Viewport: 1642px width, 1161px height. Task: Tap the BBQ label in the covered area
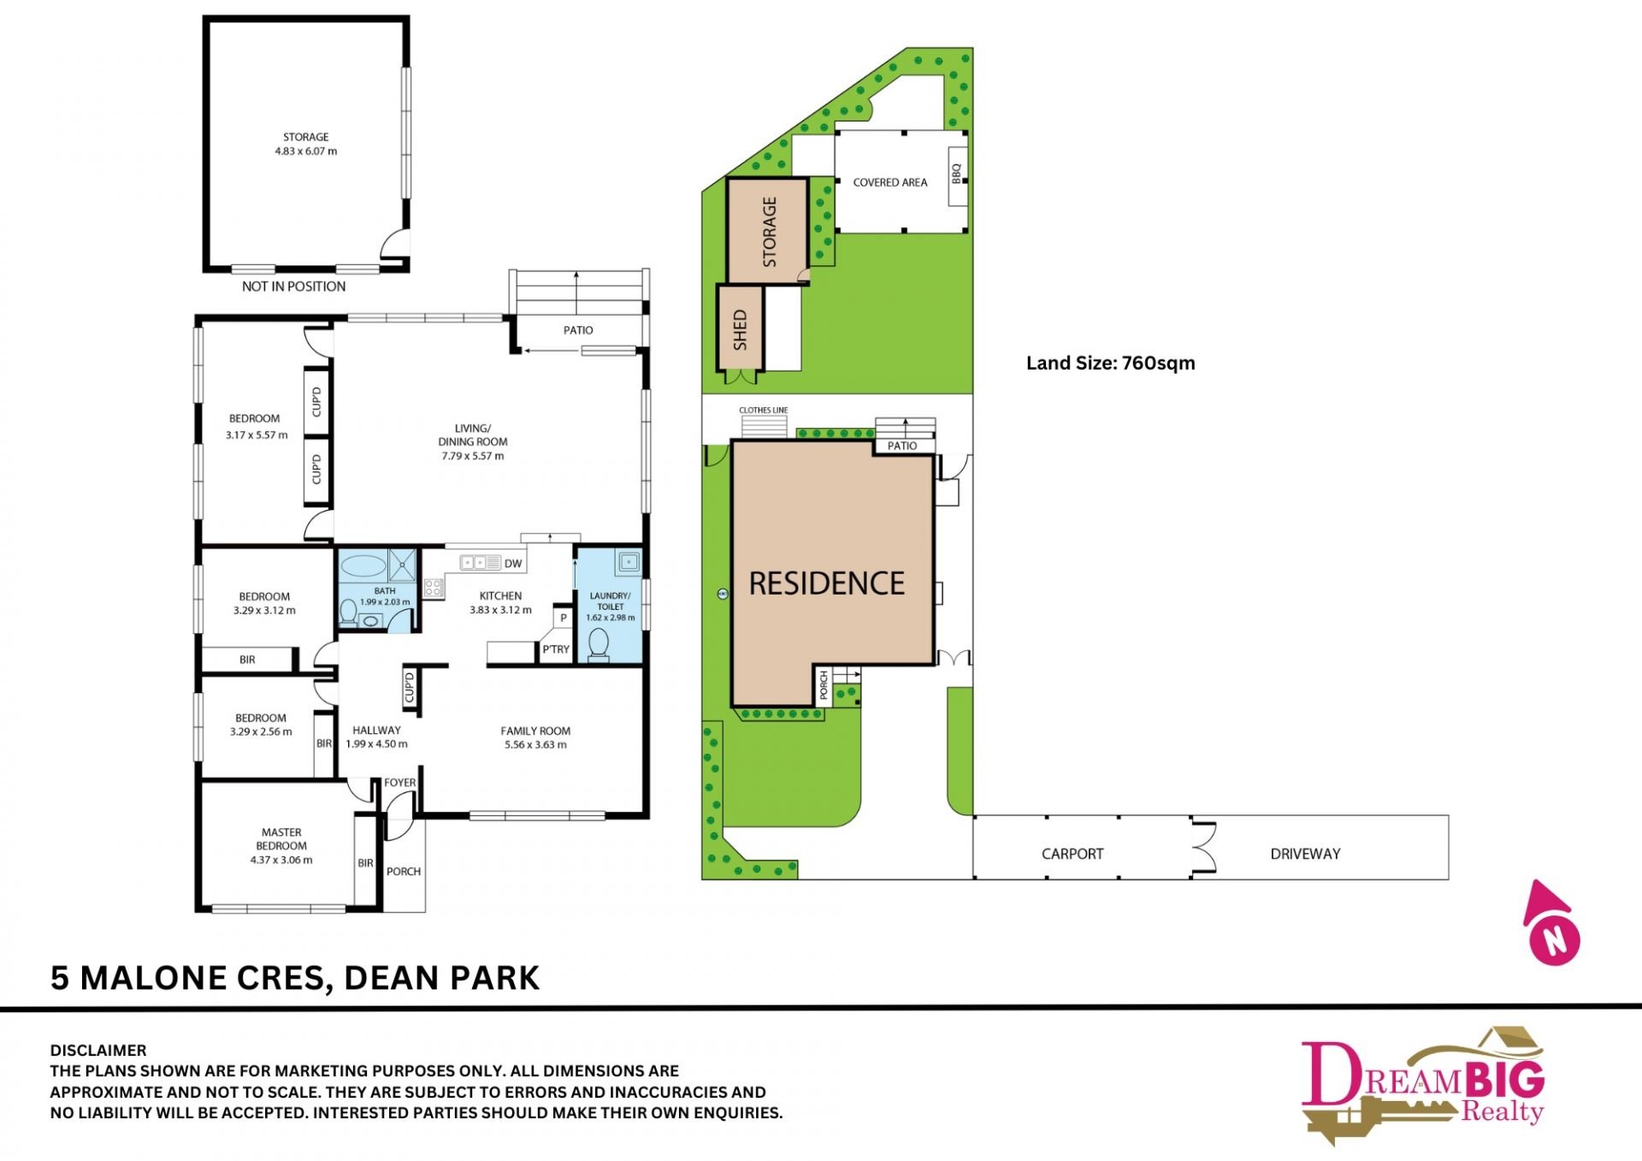coord(957,173)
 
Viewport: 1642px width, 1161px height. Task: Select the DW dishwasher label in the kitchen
coord(513,563)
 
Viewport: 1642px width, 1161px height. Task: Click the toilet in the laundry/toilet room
coord(599,645)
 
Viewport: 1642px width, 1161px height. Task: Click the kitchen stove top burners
coord(433,587)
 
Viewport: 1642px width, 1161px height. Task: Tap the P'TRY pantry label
coord(556,649)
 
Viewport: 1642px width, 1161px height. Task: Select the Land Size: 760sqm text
coord(1110,363)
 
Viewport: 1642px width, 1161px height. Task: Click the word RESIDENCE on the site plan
coord(826,583)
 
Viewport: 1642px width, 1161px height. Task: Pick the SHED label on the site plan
coord(741,330)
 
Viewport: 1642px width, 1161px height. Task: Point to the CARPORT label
coord(1072,854)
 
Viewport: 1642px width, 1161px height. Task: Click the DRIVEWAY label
coord(1305,854)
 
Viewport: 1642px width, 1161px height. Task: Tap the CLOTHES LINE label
coord(764,411)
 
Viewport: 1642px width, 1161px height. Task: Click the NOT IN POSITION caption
coord(293,287)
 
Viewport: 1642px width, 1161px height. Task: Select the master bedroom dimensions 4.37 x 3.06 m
coord(281,860)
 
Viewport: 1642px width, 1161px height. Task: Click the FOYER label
coord(399,783)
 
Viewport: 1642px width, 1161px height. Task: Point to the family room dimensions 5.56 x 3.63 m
coord(535,744)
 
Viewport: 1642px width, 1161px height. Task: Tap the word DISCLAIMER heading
coord(98,1051)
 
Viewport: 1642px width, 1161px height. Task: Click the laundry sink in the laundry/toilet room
coord(629,562)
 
